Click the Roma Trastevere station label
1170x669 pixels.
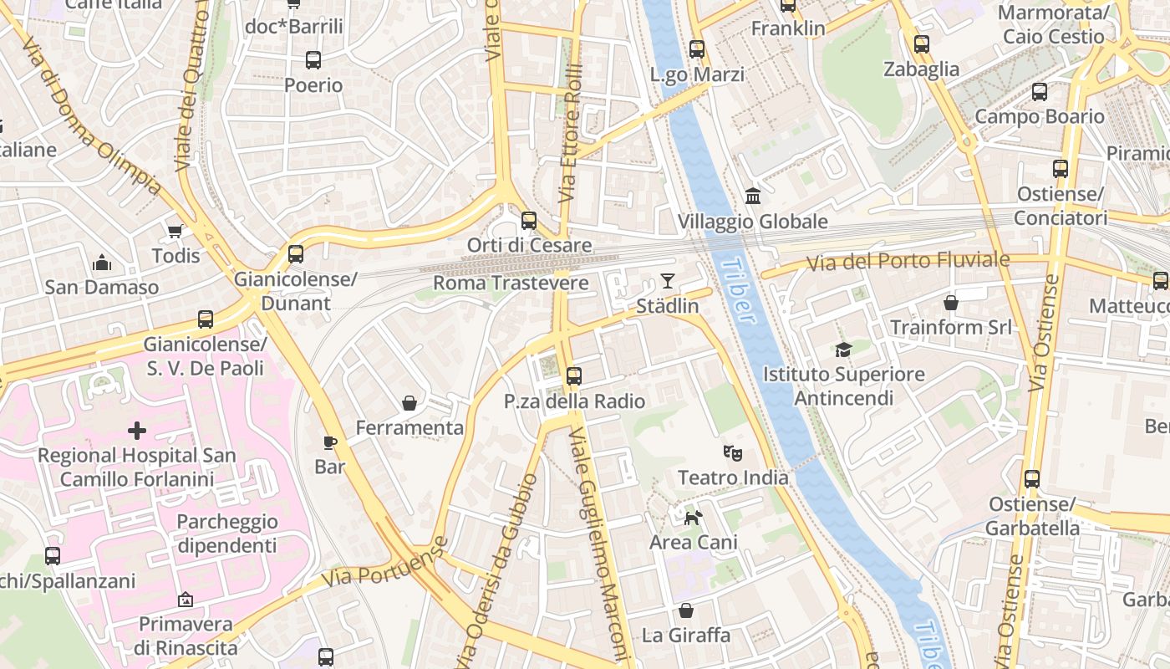tap(511, 283)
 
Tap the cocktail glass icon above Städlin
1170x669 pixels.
tap(667, 280)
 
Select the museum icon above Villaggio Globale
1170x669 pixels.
tap(753, 196)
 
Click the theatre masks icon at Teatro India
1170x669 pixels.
tap(733, 453)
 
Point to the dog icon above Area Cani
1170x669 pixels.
tap(693, 518)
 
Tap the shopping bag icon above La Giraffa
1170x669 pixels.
tap(685, 610)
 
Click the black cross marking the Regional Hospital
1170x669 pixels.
tap(136, 431)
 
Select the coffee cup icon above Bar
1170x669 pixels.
tap(330, 442)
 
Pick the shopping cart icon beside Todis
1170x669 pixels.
tap(175, 231)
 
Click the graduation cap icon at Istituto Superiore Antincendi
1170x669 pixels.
tap(843, 350)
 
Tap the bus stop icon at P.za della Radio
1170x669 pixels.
tap(573, 376)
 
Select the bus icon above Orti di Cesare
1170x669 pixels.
tap(529, 221)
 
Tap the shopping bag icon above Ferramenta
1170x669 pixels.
tap(409, 404)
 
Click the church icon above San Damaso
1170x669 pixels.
tap(102, 263)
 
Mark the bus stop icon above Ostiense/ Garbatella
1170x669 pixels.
tap(1032, 479)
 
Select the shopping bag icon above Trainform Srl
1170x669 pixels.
tap(950, 302)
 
